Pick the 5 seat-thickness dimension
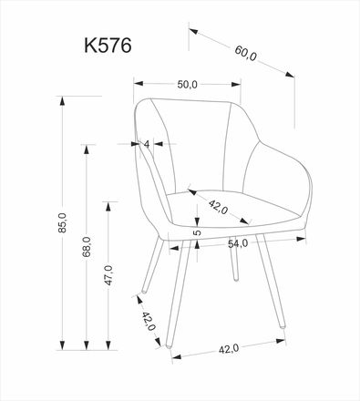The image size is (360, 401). [x=197, y=231]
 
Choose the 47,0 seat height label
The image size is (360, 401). [x=108, y=274]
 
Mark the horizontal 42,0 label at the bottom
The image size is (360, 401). [x=229, y=347]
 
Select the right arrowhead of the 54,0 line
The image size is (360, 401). [x=305, y=239]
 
